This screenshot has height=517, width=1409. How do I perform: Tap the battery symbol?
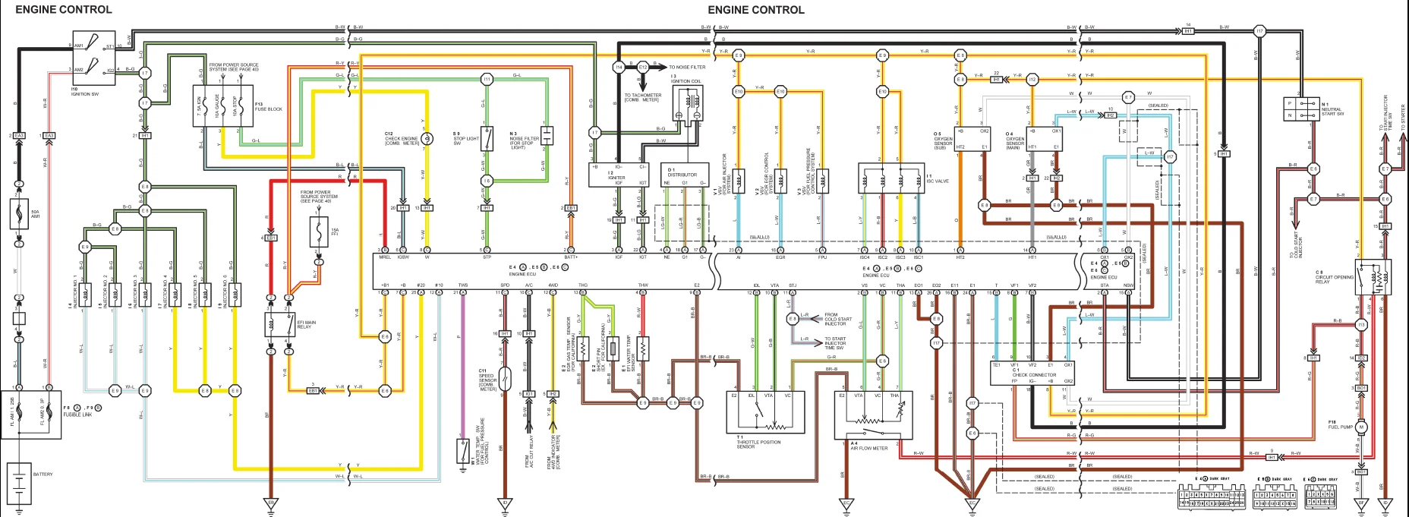(19, 483)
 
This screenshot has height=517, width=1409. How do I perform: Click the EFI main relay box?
(279, 324)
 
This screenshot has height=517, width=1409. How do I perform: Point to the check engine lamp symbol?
(427, 138)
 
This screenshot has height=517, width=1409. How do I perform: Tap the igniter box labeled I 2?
(619, 175)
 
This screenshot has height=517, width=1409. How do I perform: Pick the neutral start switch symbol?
(1300, 109)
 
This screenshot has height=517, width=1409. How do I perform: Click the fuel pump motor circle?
(1361, 427)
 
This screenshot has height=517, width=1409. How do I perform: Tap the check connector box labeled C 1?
(1032, 374)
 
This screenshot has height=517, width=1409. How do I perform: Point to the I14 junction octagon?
(619, 68)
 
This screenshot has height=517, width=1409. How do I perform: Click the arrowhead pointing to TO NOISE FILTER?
(664, 68)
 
